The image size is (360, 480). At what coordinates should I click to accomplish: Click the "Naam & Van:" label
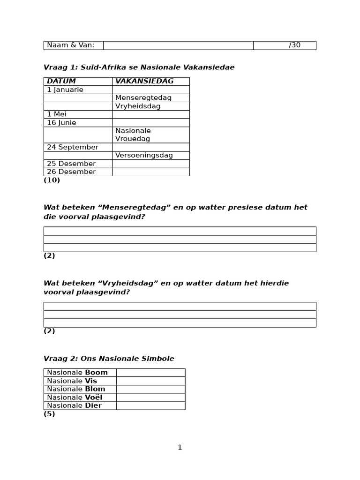coord(70,45)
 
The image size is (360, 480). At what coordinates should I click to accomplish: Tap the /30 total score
coord(294,45)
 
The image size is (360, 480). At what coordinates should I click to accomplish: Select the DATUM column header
coord(61,81)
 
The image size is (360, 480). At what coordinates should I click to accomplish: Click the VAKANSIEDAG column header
coord(144,81)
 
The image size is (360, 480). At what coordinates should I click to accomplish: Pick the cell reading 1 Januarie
coord(65,90)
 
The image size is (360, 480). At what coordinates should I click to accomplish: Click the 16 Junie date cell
coord(61,122)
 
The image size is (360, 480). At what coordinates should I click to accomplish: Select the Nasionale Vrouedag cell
coord(133,135)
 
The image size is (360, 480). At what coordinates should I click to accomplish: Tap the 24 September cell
coord(73,147)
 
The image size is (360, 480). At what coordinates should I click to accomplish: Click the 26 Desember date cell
coord(71,172)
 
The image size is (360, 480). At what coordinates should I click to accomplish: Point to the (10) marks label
coord(52,180)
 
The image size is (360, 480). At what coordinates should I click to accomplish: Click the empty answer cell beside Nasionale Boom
coord(150,373)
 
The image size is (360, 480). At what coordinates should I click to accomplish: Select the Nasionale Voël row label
coord(75,397)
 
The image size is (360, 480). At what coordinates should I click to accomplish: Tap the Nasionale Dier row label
coord(74,405)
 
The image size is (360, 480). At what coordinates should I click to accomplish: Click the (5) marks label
coord(49,414)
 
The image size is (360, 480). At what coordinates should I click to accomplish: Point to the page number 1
coord(180,448)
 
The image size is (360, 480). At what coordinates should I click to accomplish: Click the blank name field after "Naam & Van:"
coord(178,45)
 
